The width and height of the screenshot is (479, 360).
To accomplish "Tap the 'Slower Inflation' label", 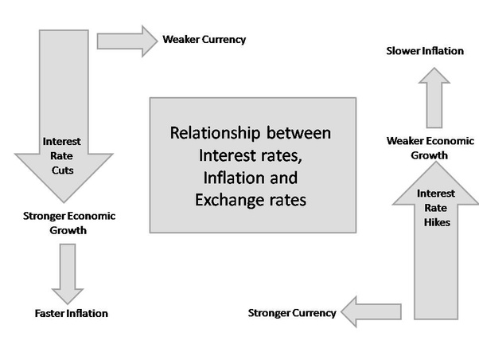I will (425, 51).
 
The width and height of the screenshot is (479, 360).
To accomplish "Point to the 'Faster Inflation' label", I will (71, 313).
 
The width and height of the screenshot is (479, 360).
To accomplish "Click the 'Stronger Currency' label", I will (292, 313).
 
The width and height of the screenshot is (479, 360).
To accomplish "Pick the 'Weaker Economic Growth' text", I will (425, 147).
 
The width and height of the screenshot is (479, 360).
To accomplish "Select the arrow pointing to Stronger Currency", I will (370, 311).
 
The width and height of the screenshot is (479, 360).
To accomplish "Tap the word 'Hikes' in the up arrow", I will (437, 222).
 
